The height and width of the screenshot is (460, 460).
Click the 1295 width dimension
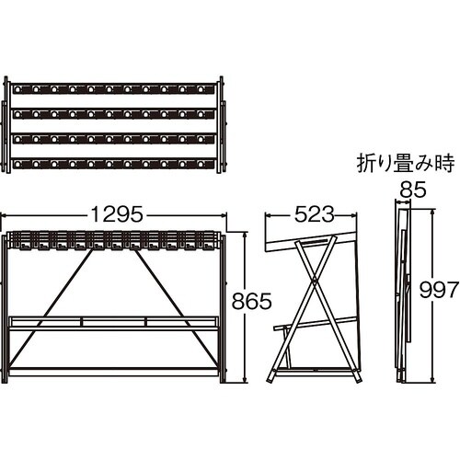tap(117, 213)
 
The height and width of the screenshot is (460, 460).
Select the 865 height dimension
tap(251, 301)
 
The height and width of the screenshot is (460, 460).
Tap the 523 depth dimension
tap(314, 213)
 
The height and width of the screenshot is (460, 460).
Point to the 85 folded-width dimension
tap(413, 190)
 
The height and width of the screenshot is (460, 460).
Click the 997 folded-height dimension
tap(439, 290)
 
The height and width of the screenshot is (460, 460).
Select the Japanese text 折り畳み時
tap(406, 163)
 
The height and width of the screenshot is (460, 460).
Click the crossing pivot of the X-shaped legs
tap(315, 280)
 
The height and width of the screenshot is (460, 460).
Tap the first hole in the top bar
tap(17, 89)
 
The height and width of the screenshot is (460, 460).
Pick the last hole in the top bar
tap(201, 89)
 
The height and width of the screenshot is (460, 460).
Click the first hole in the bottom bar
tap(17, 165)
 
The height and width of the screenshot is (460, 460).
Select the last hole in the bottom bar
tap(201, 165)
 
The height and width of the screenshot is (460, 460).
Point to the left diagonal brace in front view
tap(51, 308)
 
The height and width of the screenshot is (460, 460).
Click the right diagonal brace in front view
tap(176, 308)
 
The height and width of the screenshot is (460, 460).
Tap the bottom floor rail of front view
tap(113, 372)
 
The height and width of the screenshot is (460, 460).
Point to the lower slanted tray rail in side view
tap(316, 324)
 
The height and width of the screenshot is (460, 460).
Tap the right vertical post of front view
tap(223, 309)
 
